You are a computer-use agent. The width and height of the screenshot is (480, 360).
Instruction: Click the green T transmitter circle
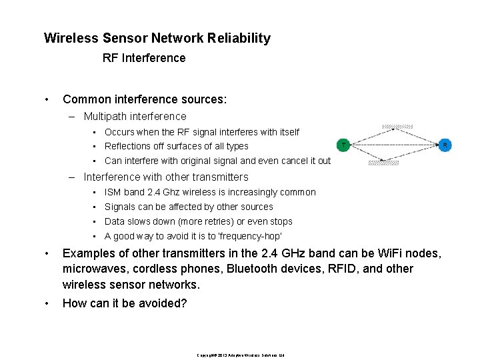[x=343, y=144]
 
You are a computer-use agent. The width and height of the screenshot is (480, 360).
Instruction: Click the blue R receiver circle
[x=445, y=144]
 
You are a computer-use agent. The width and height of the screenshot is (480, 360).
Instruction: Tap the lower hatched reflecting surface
[x=383, y=162]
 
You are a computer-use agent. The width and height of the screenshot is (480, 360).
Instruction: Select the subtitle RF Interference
[x=144, y=58]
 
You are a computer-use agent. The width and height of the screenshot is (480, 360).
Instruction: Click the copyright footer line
[x=241, y=355]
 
